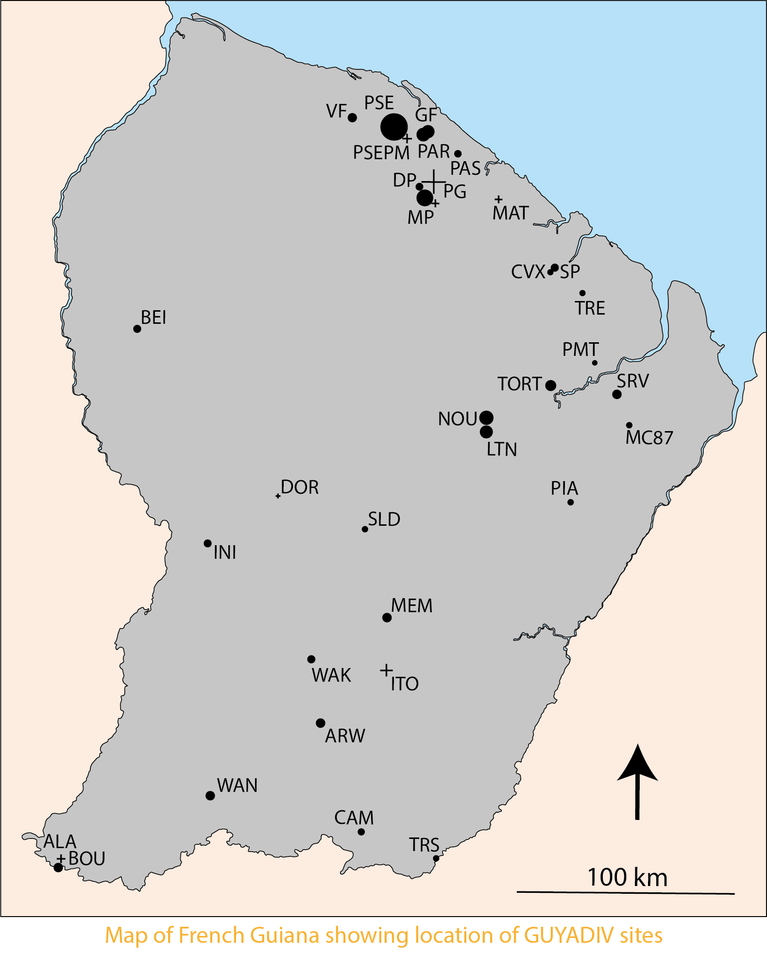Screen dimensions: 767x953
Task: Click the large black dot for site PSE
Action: [x=393, y=127]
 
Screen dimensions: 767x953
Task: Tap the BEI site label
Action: [x=153, y=318]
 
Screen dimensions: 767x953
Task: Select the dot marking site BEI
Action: [x=137, y=329]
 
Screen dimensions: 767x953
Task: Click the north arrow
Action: [x=637, y=782]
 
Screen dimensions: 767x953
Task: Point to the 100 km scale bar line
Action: [x=625, y=892]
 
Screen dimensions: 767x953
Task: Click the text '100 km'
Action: [x=627, y=877]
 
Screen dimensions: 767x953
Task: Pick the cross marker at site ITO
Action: [x=386, y=670]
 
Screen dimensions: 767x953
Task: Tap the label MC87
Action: [x=649, y=437]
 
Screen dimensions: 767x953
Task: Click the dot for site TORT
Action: [x=550, y=385]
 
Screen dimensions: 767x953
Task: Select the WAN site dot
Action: [x=210, y=795]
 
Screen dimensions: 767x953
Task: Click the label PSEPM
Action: [x=381, y=152]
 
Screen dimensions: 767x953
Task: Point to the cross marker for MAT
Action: [x=498, y=200]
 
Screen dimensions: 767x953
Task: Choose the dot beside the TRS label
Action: [x=436, y=858]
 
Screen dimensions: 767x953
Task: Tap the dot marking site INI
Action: [x=207, y=543]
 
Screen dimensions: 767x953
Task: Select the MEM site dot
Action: [x=387, y=618]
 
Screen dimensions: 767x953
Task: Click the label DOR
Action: [x=300, y=487]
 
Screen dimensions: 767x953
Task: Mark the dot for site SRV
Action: [x=616, y=394]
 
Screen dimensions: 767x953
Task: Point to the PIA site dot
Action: [x=570, y=502]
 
